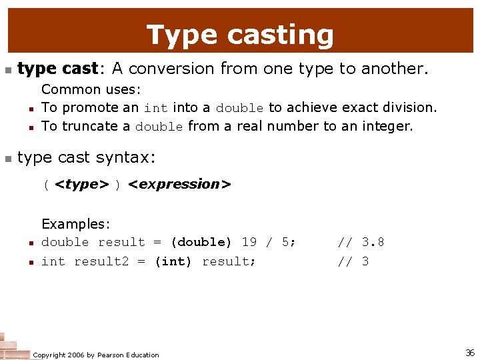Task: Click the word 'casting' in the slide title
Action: pos(289,35)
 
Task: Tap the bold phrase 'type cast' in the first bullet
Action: pos(57,69)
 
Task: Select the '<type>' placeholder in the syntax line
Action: pos(81,184)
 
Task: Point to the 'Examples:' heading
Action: pos(75,224)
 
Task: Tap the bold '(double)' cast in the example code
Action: pos(201,243)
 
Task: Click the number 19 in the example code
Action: pos(249,243)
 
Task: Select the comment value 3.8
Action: pos(373,243)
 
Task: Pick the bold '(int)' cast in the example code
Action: pos(173,261)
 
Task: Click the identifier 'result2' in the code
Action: pos(101,261)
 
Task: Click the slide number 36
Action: pos(469,353)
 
